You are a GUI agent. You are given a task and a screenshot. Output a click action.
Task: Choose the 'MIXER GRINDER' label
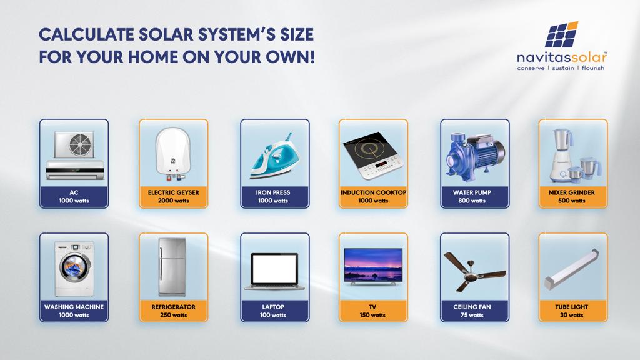point(570,192)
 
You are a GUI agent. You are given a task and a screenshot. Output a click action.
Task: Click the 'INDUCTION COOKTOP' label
point(373,192)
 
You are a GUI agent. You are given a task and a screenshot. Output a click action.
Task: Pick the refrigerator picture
point(173,267)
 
